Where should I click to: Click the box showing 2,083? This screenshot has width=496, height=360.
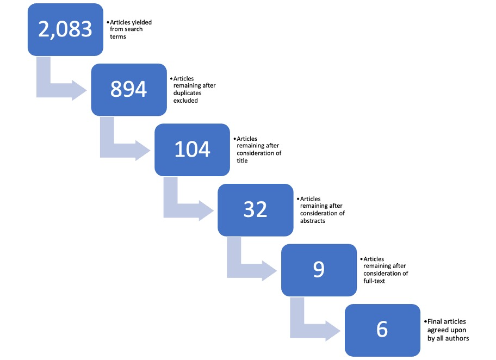65,30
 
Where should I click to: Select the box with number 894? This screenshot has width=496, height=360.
129,90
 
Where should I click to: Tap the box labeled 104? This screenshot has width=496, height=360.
192,150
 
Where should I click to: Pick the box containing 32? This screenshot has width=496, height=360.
256,210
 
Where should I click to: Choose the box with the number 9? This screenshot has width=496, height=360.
319,270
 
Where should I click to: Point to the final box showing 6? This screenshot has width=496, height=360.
382,330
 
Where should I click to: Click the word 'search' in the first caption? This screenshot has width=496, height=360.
133,29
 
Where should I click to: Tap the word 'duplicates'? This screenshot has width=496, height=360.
187,93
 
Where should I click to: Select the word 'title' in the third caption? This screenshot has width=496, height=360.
242,160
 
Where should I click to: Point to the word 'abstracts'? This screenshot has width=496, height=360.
313,221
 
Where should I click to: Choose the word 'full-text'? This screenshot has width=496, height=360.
374,281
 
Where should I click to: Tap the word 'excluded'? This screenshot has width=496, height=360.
185,101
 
